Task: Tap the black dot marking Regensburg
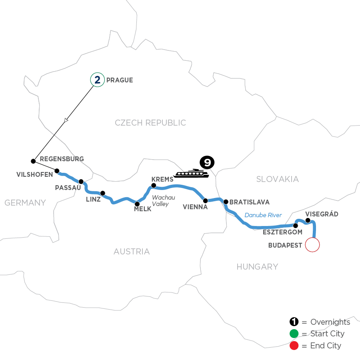pos(33,161)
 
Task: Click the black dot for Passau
pos(81,181)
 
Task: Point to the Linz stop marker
pos(103,193)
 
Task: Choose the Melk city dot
pos(138,204)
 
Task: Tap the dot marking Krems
pos(153,185)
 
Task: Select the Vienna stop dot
pos(205,200)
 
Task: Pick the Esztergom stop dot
pos(296,226)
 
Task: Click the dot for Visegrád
pos(308,220)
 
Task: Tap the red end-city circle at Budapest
pos(312,244)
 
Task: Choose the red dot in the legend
pos(294,345)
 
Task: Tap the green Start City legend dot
pos(294,334)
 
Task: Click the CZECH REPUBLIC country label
pos(150,123)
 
